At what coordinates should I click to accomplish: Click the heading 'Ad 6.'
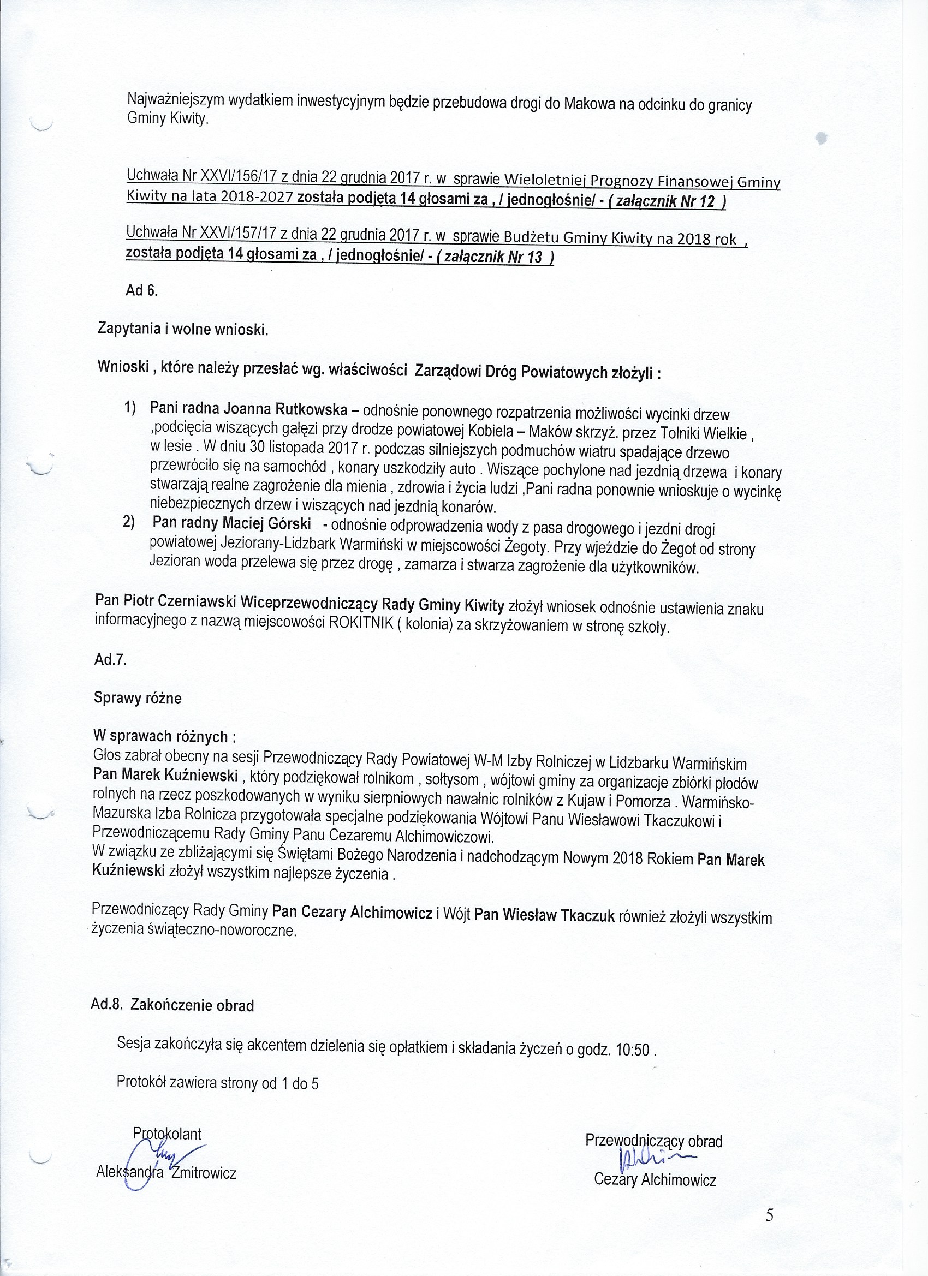(142, 291)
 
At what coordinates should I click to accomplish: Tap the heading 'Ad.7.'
(110, 660)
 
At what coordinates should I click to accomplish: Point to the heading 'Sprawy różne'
(138, 698)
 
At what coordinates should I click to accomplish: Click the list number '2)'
(129, 523)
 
